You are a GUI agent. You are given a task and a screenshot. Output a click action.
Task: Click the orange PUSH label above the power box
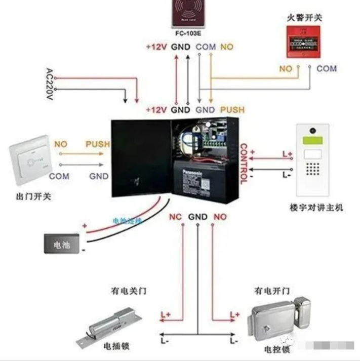tap(232, 109)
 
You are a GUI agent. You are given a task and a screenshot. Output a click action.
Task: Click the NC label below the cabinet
tap(175, 217)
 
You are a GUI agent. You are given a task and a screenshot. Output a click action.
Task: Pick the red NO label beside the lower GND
tap(221, 217)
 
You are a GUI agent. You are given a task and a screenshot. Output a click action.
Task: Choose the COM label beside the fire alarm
tap(327, 68)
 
